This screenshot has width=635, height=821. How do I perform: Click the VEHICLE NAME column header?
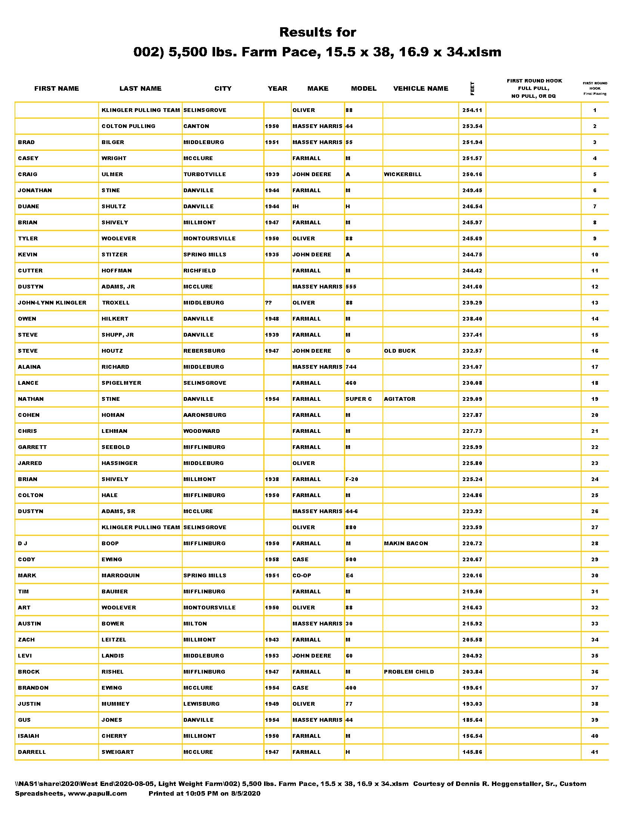421,88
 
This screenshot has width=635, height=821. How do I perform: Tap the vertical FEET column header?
472,88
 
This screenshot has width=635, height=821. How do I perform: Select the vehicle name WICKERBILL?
403,174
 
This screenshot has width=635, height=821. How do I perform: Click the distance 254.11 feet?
472,110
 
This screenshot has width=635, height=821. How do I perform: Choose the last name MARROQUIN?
120,575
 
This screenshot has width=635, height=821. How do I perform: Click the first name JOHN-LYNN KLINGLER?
52,303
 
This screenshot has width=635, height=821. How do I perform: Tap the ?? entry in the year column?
268,303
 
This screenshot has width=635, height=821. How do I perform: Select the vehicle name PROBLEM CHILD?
409,672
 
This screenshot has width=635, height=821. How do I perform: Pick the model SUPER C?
359,399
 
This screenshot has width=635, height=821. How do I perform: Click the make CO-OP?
302,575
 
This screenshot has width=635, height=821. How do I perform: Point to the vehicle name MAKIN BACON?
406,543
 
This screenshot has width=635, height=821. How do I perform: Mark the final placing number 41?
595,752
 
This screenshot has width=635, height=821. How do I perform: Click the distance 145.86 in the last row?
472,752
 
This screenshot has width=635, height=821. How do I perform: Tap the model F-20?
352,479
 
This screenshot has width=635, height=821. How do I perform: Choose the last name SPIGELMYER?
121,383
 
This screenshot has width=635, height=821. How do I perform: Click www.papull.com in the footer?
97,793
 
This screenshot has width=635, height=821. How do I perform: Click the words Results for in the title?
317,32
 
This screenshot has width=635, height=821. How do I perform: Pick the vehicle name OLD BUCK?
400,351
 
